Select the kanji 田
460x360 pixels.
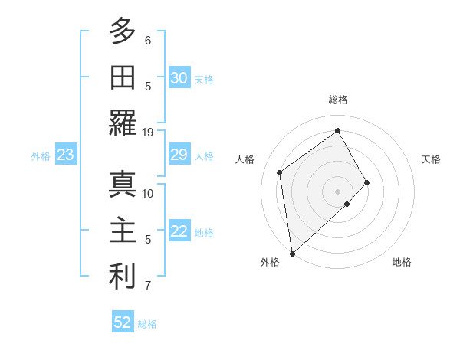123,77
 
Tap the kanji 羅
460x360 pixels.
123,123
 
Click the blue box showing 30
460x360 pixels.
179,78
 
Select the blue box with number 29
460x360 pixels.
179,155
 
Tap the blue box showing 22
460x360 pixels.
179,232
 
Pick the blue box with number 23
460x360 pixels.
65,155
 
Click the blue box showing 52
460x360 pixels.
123,322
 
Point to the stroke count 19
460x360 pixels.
148,132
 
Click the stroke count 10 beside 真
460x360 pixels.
148,193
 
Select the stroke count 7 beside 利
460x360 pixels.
148,286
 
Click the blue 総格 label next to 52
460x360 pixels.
147,324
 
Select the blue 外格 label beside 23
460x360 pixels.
41,156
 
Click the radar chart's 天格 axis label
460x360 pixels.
431,159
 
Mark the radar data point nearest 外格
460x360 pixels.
292,252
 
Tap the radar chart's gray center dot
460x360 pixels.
337,190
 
